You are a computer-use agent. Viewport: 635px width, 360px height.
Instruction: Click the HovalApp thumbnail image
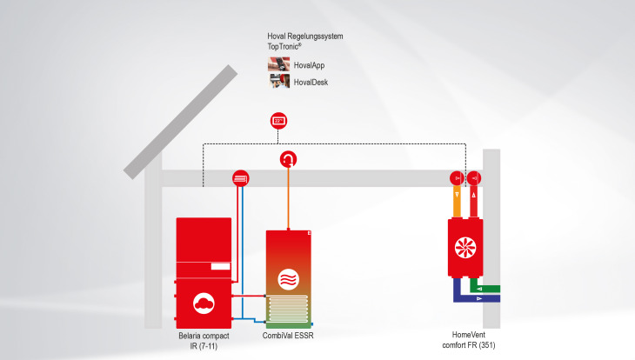[x=278, y=64]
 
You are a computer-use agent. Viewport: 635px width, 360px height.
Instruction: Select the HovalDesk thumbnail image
[x=278, y=82]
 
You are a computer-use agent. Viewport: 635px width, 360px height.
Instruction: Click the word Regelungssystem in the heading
[x=316, y=36]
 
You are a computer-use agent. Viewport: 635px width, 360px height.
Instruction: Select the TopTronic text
[x=288, y=46]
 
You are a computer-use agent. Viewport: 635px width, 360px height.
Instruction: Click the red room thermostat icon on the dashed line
[x=278, y=120]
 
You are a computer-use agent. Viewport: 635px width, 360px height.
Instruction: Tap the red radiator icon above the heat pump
[x=241, y=177]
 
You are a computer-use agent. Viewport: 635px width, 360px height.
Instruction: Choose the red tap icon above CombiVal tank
[x=288, y=159]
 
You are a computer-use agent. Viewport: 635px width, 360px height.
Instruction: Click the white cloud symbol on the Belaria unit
[x=204, y=303]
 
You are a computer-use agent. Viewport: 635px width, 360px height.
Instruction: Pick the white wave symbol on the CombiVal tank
[x=288, y=279]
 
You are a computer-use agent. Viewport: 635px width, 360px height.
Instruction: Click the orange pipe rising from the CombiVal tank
[x=288, y=200]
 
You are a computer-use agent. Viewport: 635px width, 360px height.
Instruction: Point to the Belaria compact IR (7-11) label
[x=204, y=340]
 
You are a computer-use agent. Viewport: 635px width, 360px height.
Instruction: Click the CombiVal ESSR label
[x=288, y=335]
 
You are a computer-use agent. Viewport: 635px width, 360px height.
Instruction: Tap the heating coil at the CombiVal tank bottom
[x=288, y=308]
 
